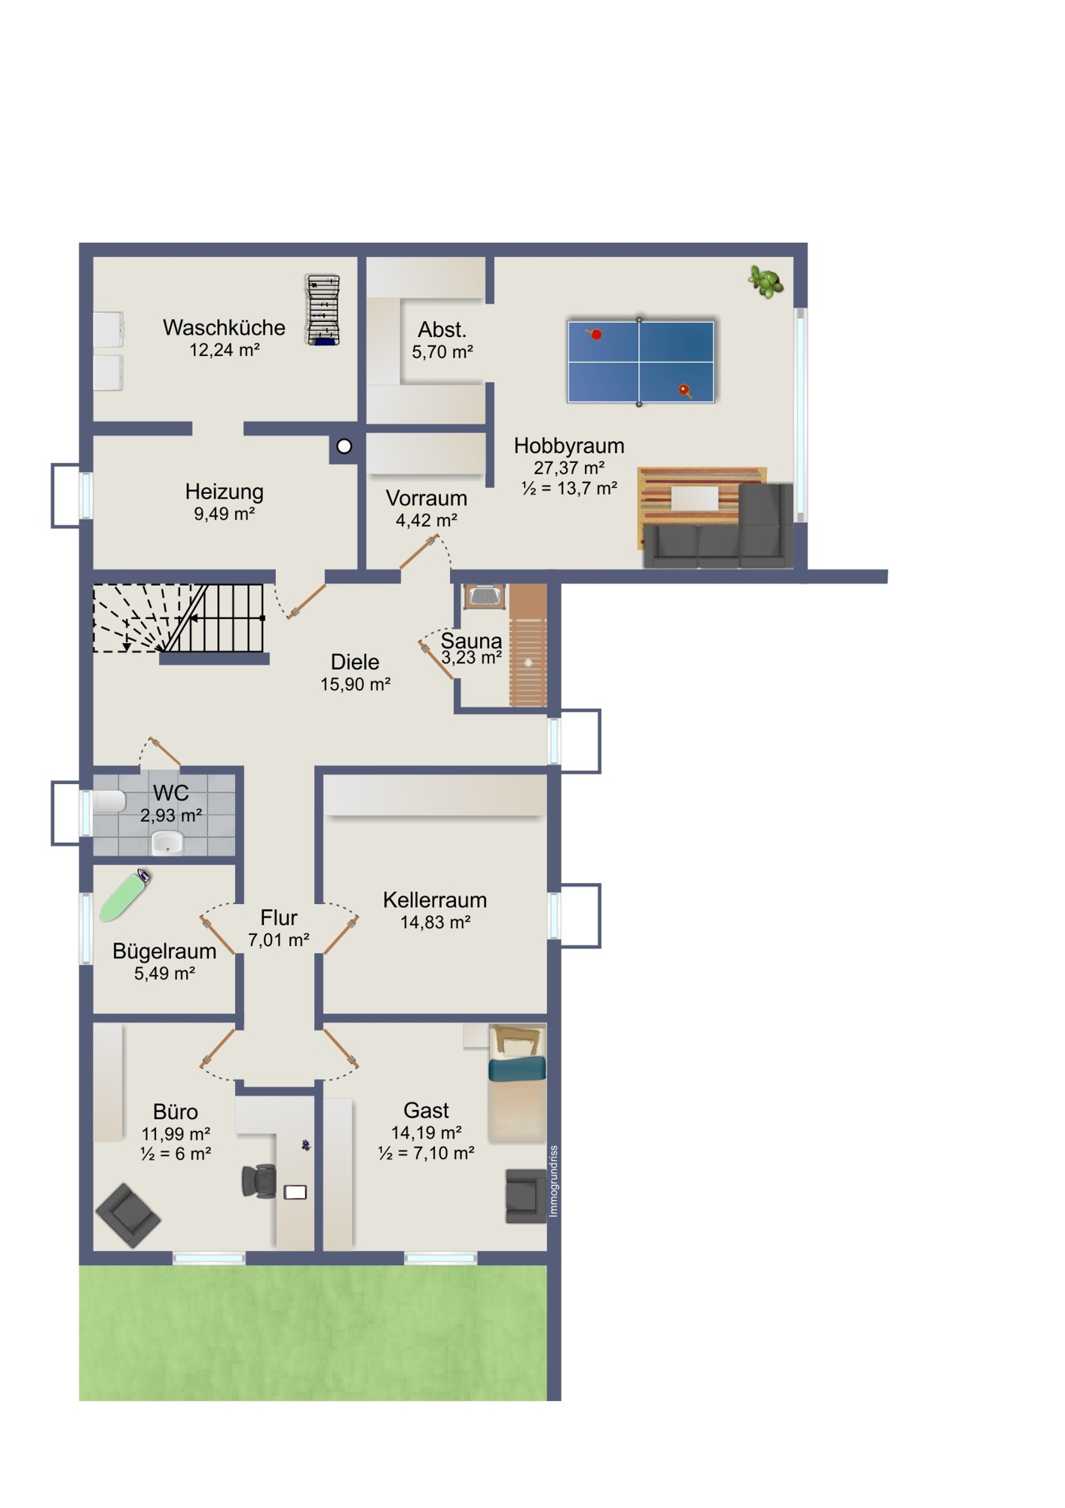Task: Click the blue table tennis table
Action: [640, 362]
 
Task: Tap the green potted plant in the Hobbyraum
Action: [767, 282]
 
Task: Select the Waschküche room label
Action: [224, 328]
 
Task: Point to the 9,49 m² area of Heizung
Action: [224, 514]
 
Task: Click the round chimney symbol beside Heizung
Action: [344, 446]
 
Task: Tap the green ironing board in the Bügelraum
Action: [125, 895]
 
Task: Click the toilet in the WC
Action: [108, 802]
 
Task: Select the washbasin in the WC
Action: [167, 842]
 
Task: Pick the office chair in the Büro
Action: [259, 1181]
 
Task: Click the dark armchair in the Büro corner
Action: [127, 1215]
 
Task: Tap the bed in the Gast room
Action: [517, 1083]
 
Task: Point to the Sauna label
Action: [471, 641]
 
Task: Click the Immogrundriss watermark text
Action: [554, 1181]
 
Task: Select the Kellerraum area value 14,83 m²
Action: [436, 923]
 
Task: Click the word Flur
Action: [279, 918]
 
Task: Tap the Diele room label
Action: [355, 662]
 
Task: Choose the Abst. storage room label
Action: [442, 329]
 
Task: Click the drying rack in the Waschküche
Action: [323, 310]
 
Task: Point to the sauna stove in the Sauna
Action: [485, 596]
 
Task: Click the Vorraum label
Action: [427, 498]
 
